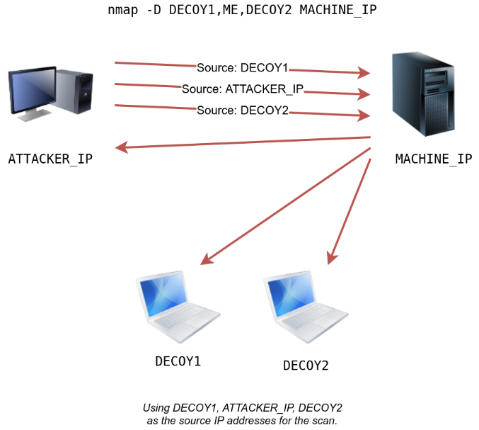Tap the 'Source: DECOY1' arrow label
pyautogui.click(x=243, y=68)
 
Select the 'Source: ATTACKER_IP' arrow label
pyautogui.click(x=243, y=89)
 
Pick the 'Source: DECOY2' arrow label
pyautogui.click(x=243, y=111)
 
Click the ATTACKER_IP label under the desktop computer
pyautogui.click(x=50, y=159)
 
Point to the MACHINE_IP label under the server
pyautogui.click(x=433, y=159)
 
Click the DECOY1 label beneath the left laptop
pyautogui.click(x=178, y=361)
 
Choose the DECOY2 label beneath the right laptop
pyautogui.click(x=306, y=366)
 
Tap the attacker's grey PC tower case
pyautogui.click(x=75, y=90)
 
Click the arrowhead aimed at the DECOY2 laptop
pyautogui.click(x=330, y=259)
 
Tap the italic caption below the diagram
pyautogui.click(x=242, y=414)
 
